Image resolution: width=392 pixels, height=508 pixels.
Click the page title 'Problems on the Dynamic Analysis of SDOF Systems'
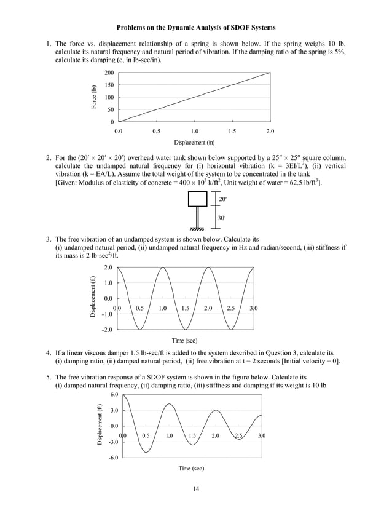click(196, 28)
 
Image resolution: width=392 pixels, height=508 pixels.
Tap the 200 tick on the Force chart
click(108, 73)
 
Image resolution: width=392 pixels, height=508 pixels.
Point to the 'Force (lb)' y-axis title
click(94, 97)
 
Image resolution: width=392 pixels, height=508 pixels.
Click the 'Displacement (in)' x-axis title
click(194, 143)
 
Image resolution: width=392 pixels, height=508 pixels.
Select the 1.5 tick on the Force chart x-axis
click(232, 132)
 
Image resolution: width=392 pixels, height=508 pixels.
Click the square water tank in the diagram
click(197, 199)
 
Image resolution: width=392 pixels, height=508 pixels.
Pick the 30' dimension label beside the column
click(223, 218)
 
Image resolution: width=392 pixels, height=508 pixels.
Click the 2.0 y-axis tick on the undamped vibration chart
click(108, 268)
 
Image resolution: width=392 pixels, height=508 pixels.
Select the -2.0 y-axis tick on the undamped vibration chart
click(108, 330)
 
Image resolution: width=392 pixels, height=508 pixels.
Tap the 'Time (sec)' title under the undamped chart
click(184, 340)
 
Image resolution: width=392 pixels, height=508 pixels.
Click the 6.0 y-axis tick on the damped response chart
click(114, 394)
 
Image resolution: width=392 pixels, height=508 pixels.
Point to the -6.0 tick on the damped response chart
click(113, 458)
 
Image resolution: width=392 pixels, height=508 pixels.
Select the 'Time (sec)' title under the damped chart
click(191, 469)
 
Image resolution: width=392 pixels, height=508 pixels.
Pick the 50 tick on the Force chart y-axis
click(110, 110)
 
